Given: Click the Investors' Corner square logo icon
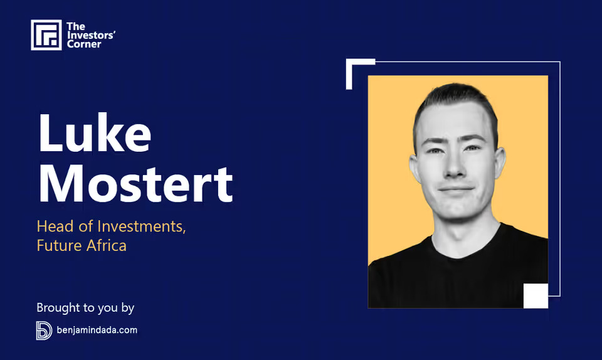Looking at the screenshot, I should tap(46, 35).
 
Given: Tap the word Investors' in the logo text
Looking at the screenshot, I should tap(92, 35).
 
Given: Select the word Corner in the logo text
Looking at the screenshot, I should tap(84, 45).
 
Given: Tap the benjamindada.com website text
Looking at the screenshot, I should tap(97, 330).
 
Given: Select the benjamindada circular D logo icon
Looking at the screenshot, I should tap(44, 331).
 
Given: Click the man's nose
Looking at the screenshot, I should tap(454, 166).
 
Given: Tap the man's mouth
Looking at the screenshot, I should tap(456, 190).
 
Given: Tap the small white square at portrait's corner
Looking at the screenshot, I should tap(536, 296).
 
